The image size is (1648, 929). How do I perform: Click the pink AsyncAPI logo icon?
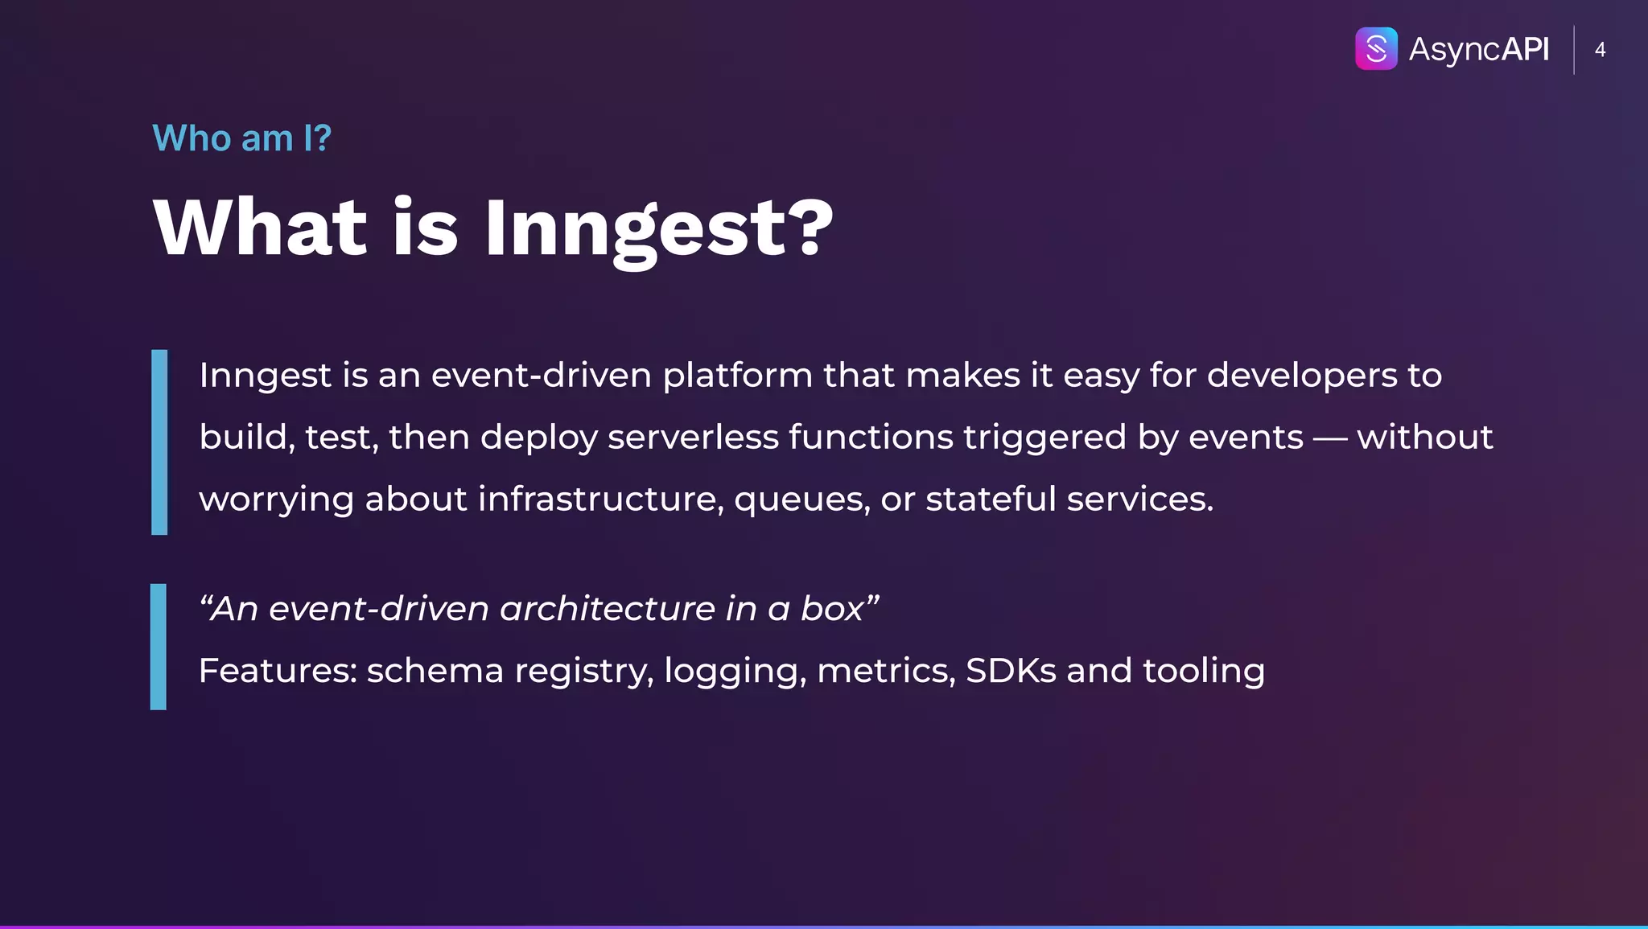point(1376,49)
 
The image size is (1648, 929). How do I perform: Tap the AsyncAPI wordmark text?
point(1478,49)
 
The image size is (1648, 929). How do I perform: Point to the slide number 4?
point(1600,50)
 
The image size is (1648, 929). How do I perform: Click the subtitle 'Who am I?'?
point(241,138)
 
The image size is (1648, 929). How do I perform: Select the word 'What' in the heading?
point(260,228)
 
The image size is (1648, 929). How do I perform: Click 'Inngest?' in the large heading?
point(658,229)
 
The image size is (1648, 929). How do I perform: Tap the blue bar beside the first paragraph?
point(159,442)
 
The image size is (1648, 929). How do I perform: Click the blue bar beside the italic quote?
point(159,647)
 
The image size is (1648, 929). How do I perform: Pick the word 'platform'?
point(737,376)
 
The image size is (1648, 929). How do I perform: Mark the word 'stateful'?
point(990,499)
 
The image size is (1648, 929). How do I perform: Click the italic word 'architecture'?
point(607,609)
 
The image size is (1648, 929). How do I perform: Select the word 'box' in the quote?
point(831,609)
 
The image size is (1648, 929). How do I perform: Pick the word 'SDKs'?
point(1010,671)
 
